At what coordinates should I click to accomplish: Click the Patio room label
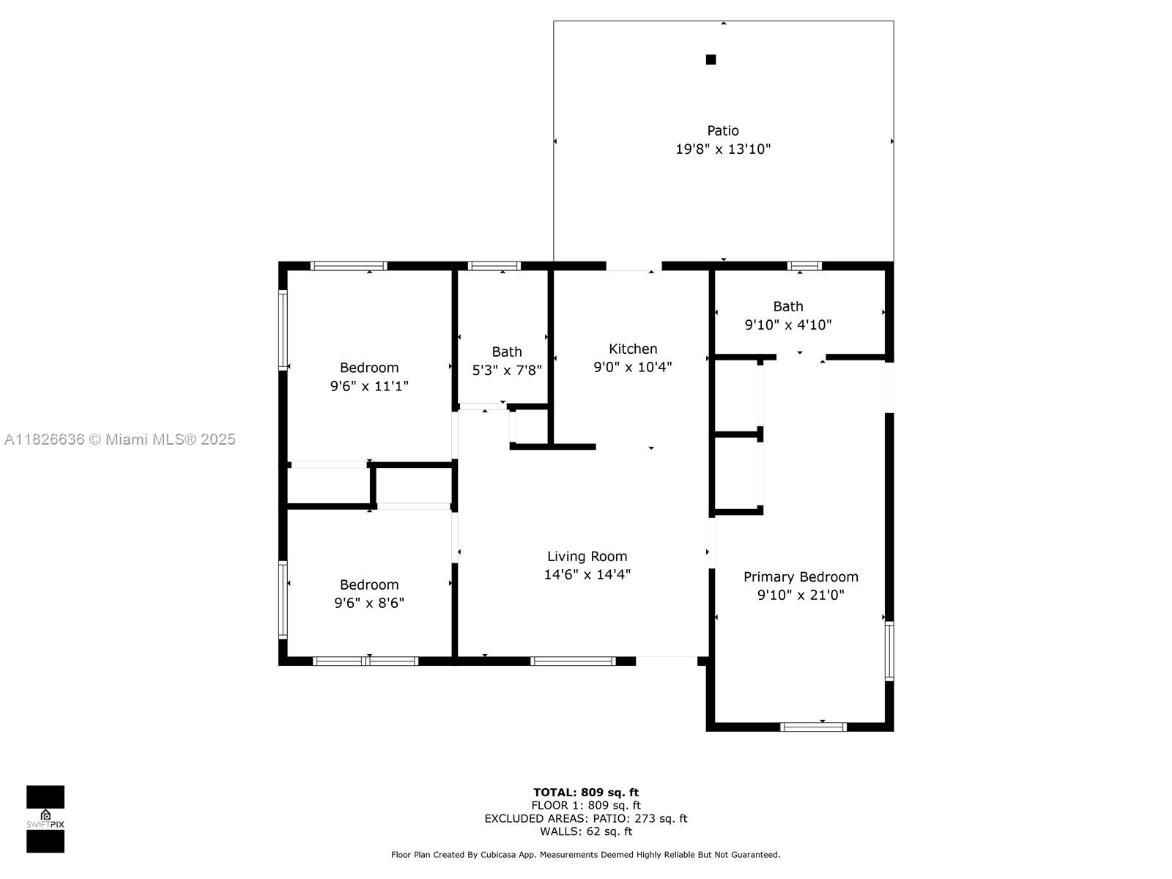722,131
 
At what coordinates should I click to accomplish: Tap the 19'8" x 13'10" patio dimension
723,149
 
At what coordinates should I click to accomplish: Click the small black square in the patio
711,60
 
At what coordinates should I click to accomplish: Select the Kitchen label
633,349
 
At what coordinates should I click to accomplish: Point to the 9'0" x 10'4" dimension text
633,367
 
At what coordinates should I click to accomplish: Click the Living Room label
587,557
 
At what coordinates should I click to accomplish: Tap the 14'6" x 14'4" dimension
587,575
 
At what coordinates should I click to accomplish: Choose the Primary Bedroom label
801,577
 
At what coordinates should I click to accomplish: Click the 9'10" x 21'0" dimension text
801,595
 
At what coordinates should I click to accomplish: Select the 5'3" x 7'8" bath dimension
507,371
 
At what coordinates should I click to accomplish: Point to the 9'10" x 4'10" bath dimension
788,325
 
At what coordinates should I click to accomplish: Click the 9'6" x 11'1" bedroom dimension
369,386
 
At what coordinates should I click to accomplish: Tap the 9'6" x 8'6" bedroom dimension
369,603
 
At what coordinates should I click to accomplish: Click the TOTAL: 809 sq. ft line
586,793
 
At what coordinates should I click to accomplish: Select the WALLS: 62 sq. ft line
586,831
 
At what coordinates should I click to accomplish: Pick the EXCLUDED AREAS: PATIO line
586,818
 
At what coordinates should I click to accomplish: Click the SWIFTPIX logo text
45,824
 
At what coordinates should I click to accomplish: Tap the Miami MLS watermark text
119,439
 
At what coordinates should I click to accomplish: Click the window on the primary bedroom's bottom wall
813,727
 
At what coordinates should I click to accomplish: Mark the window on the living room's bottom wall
573,661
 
